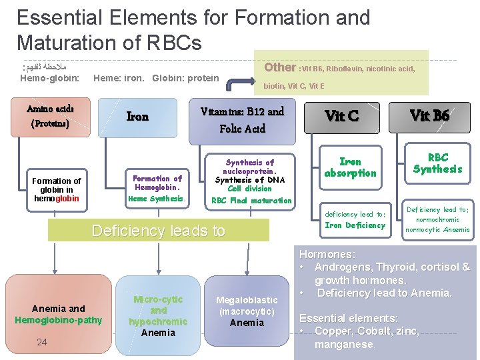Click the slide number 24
(42, 342)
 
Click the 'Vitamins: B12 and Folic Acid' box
(242, 120)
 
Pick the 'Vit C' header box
(341, 116)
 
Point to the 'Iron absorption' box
(350, 167)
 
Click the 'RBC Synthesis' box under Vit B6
(437, 163)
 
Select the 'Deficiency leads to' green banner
(159, 231)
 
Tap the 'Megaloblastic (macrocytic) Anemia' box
(247, 311)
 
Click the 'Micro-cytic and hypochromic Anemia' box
(158, 315)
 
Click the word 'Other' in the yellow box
(280, 67)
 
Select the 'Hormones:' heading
(327, 254)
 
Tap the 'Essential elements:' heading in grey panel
(349, 318)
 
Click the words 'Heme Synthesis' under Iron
(157, 199)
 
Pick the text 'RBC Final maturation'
(251, 200)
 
